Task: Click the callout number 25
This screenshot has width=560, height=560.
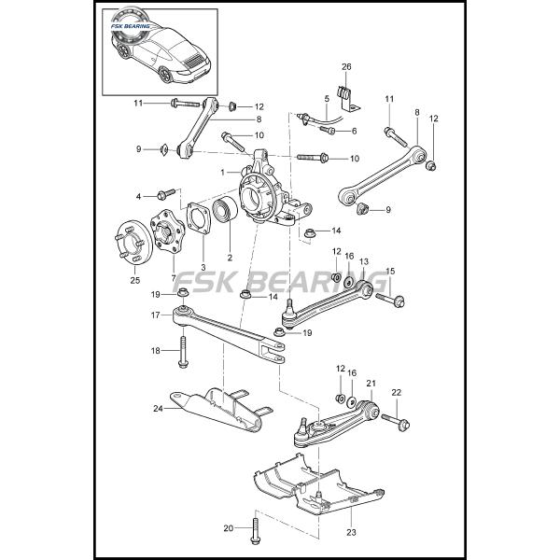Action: tap(134, 279)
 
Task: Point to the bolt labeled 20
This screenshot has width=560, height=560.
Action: tap(253, 532)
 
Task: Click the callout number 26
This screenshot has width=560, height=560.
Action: tap(346, 66)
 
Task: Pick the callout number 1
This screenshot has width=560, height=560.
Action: tap(223, 172)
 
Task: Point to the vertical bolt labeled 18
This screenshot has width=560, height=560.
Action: tap(185, 352)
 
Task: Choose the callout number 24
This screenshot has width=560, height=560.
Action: tap(158, 407)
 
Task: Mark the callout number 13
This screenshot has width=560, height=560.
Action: tap(364, 262)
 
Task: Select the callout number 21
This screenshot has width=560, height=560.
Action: tap(371, 384)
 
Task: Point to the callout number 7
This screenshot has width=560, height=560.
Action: tap(173, 278)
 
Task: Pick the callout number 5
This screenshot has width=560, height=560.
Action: tap(327, 98)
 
